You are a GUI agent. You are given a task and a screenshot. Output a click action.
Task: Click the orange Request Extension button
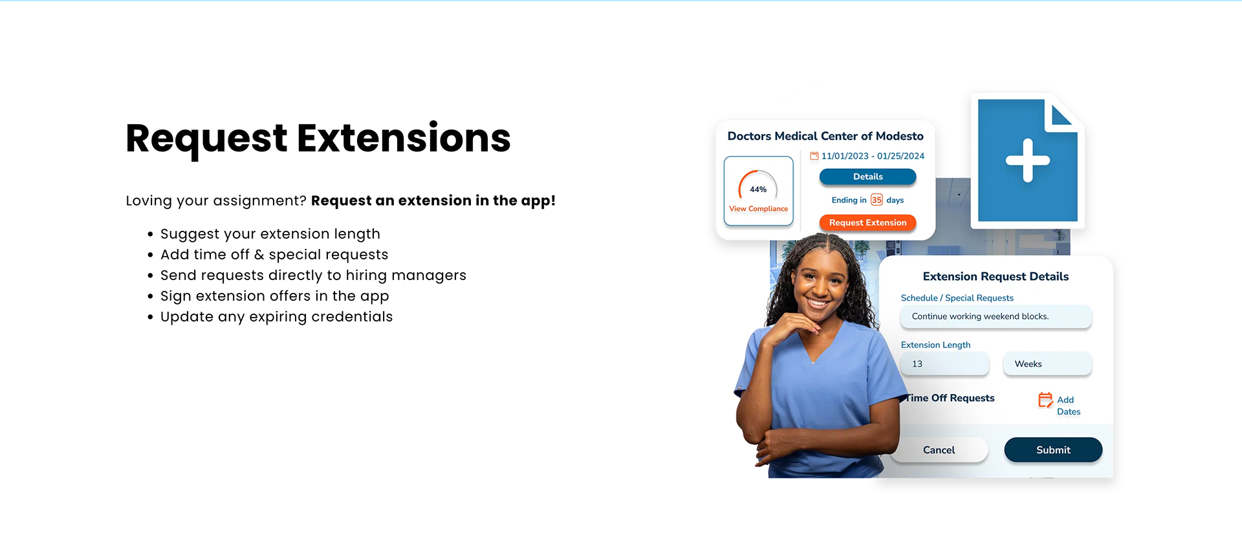tap(867, 222)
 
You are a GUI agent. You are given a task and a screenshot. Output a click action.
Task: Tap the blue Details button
tap(867, 177)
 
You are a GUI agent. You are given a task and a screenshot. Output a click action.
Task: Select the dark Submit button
tap(1053, 450)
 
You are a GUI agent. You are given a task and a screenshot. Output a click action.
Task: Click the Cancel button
tap(939, 450)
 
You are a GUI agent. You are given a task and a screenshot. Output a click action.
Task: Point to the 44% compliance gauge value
tap(758, 190)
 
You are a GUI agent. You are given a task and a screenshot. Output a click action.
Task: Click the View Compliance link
tap(758, 209)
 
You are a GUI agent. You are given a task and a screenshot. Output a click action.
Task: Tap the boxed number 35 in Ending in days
tap(877, 200)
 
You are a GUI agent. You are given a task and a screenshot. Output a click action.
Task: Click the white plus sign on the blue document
tap(1027, 160)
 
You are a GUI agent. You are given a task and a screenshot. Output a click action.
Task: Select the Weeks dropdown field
tap(1047, 364)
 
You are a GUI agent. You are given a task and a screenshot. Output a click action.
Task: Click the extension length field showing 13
tap(944, 364)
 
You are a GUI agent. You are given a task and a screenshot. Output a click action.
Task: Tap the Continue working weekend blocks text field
tap(996, 316)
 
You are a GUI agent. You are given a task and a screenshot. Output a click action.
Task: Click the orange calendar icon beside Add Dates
tap(1045, 400)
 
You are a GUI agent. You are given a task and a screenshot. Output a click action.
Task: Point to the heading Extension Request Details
tap(996, 277)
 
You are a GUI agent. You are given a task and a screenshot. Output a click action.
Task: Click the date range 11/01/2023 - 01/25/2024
tap(873, 156)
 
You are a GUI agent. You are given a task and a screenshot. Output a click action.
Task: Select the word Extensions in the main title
tap(404, 138)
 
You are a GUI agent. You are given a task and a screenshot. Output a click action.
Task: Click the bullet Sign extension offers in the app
tap(274, 296)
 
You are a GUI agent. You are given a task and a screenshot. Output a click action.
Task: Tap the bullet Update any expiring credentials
tap(276, 317)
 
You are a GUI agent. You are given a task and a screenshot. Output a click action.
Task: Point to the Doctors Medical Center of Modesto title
tap(825, 136)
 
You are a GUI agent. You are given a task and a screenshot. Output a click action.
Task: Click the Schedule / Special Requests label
tap(957, 298)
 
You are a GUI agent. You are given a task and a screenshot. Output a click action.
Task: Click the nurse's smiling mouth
tap(818, 302)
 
